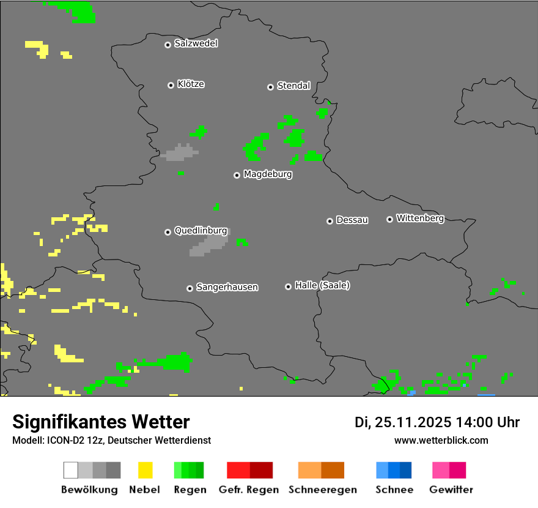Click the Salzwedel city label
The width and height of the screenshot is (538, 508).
click(196, 43)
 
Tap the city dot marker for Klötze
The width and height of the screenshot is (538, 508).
click(171, 85)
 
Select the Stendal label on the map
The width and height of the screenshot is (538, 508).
click(293, 86)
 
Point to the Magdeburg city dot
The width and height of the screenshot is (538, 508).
click(237, 175)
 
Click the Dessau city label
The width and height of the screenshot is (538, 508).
click(352, 220)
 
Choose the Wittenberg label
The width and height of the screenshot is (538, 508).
click(420, 219)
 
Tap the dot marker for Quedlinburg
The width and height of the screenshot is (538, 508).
click(168, 232)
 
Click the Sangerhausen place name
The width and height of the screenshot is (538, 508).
click(227, 287)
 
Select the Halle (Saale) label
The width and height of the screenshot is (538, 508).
click(322, 286)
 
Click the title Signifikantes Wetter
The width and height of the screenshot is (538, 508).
click(101, 422)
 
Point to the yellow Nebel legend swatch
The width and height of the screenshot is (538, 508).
click(145, 470)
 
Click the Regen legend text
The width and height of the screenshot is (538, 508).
click(190, 490)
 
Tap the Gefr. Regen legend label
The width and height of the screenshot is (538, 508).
click(248, 490)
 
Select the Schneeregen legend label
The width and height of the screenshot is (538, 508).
click(323, 490)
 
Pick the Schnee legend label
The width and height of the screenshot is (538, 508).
click(394, 490)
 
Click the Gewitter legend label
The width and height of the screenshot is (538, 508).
click(451, 490)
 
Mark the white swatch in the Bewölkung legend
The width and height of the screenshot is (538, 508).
click(70, 470)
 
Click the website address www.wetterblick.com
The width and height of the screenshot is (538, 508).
click(441, 440)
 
